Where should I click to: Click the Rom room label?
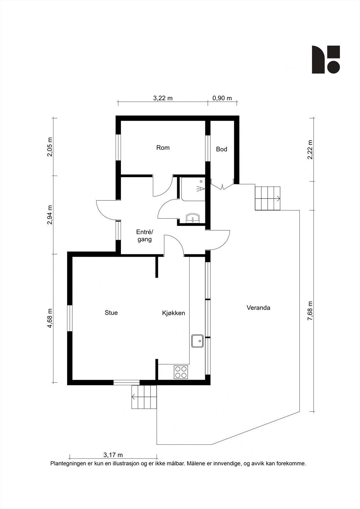point(163,148)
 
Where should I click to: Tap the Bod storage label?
point(222,149)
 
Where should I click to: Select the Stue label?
point(111,313)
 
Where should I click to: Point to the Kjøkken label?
point(173,313)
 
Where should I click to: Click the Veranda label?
point(258,308)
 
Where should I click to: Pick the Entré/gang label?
point(145,236)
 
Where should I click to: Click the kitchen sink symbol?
point(197,341)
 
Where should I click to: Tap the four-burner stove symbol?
point(181,372)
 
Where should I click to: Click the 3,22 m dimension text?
point(163,98)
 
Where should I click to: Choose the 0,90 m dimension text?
point(222,98)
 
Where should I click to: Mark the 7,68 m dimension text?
point(310,311)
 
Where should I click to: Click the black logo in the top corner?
point(326,59)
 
